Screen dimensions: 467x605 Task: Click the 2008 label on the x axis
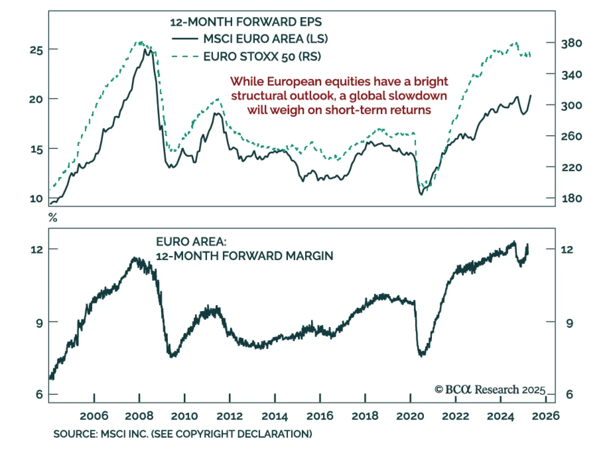point(139,416)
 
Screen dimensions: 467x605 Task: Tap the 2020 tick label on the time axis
point(410,416)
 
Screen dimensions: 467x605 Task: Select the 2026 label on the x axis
point(546,416)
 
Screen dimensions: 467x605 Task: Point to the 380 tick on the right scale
point(571,43)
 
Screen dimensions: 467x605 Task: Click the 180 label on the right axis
point(571,198)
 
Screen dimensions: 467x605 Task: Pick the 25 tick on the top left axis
point(36,50)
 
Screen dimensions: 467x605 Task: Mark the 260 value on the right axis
point(571,136)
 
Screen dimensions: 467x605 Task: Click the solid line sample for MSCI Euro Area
point(185,39)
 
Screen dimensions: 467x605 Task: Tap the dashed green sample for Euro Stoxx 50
point(185,57)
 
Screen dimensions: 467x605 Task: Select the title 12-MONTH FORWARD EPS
point(246,22)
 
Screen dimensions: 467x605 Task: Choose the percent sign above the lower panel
point(53,218)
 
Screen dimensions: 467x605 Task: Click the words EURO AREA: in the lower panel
point(191,242)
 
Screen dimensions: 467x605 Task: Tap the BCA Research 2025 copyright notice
point(490,389)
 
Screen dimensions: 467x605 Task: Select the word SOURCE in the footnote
point(74,434)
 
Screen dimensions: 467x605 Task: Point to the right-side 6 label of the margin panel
point(569,394)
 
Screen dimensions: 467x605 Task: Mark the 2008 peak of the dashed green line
point(141,42)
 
